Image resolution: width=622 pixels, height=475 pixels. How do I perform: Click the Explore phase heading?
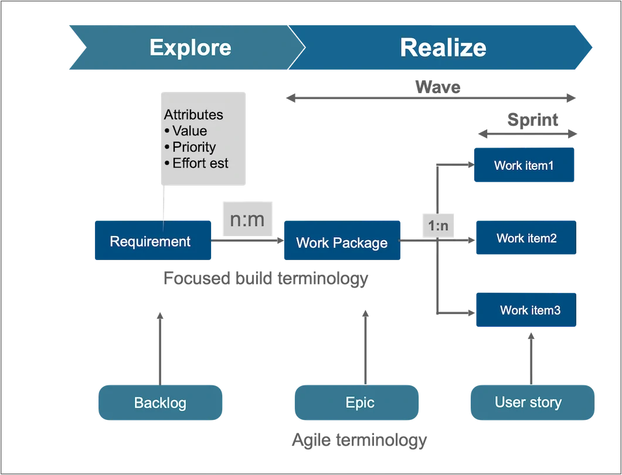(190, 47)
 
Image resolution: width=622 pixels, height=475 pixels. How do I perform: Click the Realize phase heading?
(443, 47)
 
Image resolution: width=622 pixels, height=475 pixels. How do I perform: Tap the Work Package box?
(342, 242)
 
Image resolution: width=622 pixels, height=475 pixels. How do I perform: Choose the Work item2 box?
(526, 238)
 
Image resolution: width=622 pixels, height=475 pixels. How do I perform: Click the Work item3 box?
(526, 310)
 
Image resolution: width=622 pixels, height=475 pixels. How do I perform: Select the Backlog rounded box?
(160, 402)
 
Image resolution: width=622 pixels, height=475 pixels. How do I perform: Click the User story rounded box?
(528, 402)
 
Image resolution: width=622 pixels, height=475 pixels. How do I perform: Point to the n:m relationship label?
(247, 220)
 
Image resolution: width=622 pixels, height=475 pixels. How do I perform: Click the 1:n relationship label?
(439, 225)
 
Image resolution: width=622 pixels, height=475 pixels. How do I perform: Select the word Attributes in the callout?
(193, 115)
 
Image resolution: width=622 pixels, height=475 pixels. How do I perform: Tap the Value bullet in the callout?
(189, 131)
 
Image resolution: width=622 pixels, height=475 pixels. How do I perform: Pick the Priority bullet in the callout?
(193, 147)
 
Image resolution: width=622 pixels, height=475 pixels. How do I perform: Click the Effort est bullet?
(199, 163)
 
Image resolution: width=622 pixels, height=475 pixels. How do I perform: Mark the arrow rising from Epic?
(365, 348)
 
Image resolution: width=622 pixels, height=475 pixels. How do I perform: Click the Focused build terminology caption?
(265, 278)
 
